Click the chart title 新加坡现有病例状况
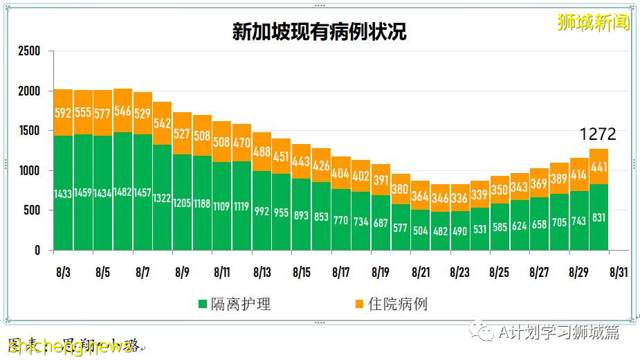point(319,33)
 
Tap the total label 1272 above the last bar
point(597,134)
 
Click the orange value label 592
point(63,113)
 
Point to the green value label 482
point(441,231)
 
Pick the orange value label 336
point(460,198)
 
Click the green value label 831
point(600,217)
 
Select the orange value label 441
point(600,166)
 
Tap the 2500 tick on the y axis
point(29,52)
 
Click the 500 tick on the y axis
point(32,210)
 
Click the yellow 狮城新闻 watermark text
point(593,22)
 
